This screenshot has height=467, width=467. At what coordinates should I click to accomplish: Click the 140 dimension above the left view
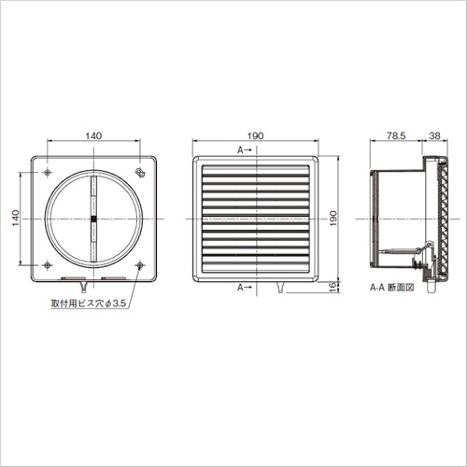pyautogui.click(x=93, y=135)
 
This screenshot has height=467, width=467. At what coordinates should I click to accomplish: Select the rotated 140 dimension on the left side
pyautogui.click(x=16, y=219)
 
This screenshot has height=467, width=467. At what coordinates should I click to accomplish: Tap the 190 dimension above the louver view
pyautogui.click(x=255, y=135)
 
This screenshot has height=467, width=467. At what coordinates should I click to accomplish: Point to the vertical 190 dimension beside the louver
pyautogui.click(x=333, y=219)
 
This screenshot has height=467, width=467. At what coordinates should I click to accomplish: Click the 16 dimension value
pyautogui.click(x=333, y=286)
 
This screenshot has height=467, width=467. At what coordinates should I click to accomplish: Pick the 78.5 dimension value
pyautogui.click(x=396, y=135)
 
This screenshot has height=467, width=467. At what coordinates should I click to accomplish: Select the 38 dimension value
pyautogui.click(x=434, y=135)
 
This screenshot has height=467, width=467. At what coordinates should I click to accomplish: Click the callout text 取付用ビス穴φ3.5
pyautogui.click(x=89, y=304)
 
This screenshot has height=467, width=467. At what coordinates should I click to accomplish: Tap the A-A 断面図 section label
pyautogui.click(x=391, y=288)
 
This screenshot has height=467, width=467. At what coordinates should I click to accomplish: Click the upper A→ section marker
pyautogui.click(x=244, y=150)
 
